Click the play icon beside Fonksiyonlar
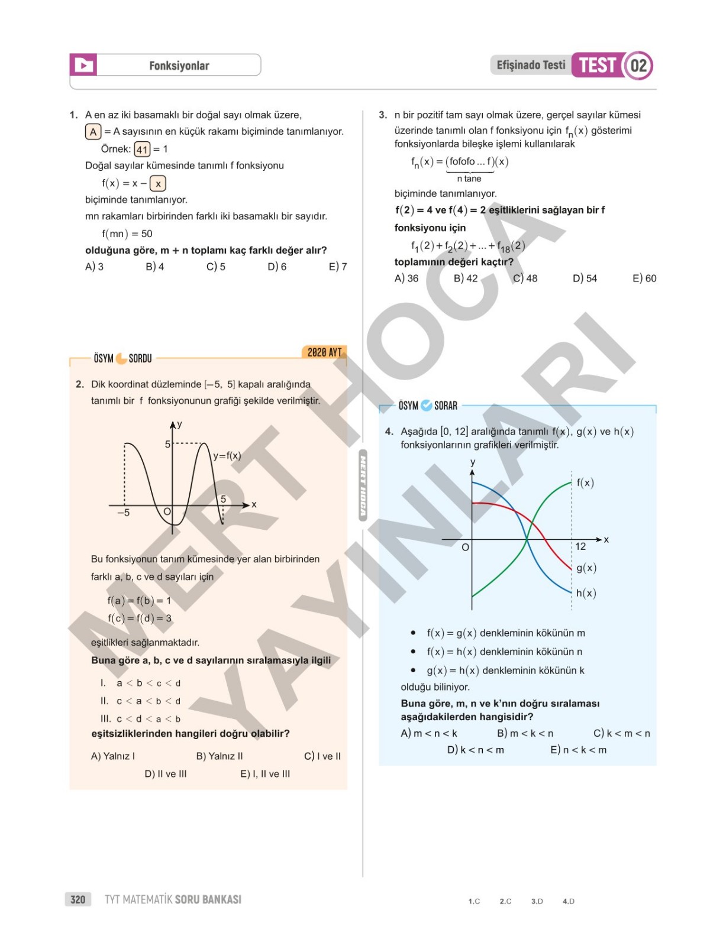pyautogui.click(x=83, y=65)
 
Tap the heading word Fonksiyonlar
pyautogui.click(x=179, y=66)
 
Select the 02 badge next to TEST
pyautogui.click(x=638, y=65)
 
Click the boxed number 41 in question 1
pyautogui.click(x=142, y=149)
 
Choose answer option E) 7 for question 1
pyautogui.click(x=338, y=267)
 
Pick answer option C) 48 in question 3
pyautogui.click(x=525, y=278)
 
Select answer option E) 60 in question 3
pyautogui.click(x=644, y=278)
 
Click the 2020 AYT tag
pyautogui.click(x=324, y=352)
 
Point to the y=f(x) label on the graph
pyautogui.click(x=227, y=456)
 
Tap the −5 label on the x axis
pyautogui.click(x=123, y=513)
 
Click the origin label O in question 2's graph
pyautogui.click(x=167, y=512)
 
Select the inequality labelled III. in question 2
pyautogui.click(x=141, y=719)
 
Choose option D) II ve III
pyautogui.click(x=166, y=774)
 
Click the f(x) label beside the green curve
pyautogui.click(x=585, y=483)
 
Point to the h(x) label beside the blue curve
pyautogui.click(x=586, y=593)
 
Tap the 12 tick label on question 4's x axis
pyautogui.click(x=580, y=547)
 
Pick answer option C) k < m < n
pyautogui.click(x=621, y=734)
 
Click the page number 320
pyautogui.click(x=78, y=900)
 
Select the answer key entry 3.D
pyautogui.click(x=537, y=902)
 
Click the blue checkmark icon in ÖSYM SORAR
pyautogui.click(x=426, y=406)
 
